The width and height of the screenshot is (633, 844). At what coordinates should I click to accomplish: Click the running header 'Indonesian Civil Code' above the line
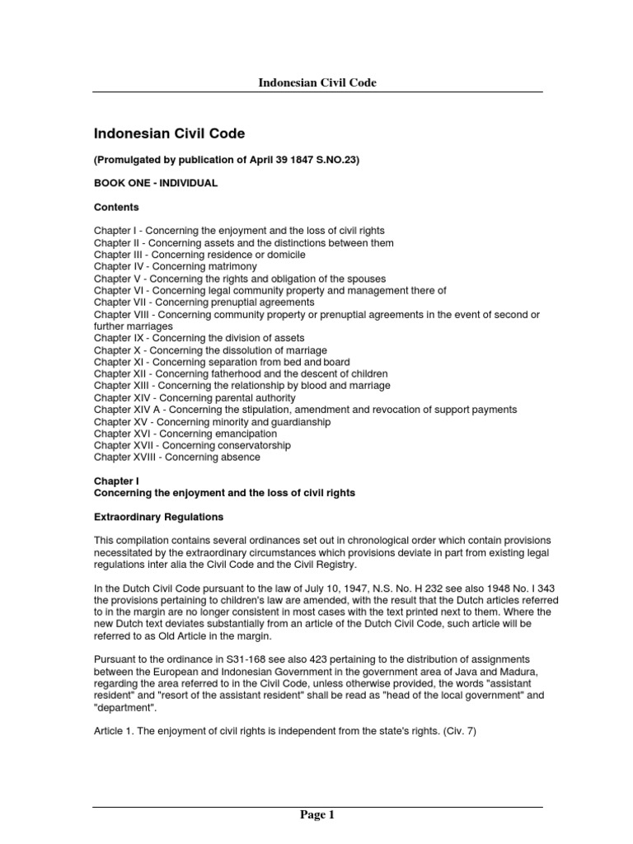(317, 83)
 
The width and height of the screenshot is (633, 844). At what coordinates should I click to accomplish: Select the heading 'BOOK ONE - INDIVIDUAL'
(156, 183)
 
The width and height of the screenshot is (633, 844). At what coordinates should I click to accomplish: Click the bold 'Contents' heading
(116, 207)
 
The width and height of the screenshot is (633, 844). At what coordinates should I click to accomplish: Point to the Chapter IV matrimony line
(175, 267)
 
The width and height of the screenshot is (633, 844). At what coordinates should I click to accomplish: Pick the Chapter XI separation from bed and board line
(221, 362)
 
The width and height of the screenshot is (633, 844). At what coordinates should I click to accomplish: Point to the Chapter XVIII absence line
(176, 457)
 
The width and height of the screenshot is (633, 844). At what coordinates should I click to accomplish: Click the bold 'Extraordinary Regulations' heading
(158, 517)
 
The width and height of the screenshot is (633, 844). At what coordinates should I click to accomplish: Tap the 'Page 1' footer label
(317, 816)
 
